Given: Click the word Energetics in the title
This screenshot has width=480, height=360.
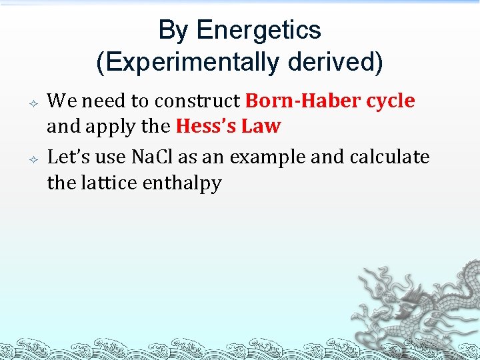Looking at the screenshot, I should click(259, 31).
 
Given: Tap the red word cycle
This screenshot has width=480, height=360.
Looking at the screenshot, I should click(391, 101).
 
